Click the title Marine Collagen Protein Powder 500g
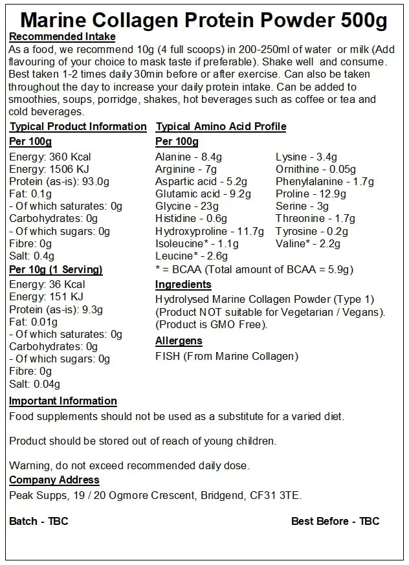pyautogui.click(x=204, y=20)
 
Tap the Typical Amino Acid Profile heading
pyautogui.click(x=221, y=126)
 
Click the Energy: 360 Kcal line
pyautogui.click(x=50, y=157)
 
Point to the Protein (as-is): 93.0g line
pyautogui.click(x=59, y=181)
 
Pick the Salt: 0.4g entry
pyautogui.click(x=32, y=256)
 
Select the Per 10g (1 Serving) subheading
pyautogui.click(x=56, y=269)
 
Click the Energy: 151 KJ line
pyautogui.click(x=47, y=297)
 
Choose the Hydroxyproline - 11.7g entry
pyautogui.click(x=210, y=231)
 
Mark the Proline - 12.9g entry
pyautogui.click(x=311, y=194)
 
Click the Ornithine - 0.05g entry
pyautogui.click(x=316, y=170)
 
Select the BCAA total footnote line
pyautogui.click(x=254, y=269)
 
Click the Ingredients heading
pyautogui.click(x=183, y=284)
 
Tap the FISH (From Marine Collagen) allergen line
pyautogui.click(x=227, y=356)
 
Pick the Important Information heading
pyautogui.click(x=63, y=401)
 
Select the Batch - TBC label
pyautogui.click(x=38, y=521)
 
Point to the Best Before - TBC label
pyautogui.click(x=335, y=521)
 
